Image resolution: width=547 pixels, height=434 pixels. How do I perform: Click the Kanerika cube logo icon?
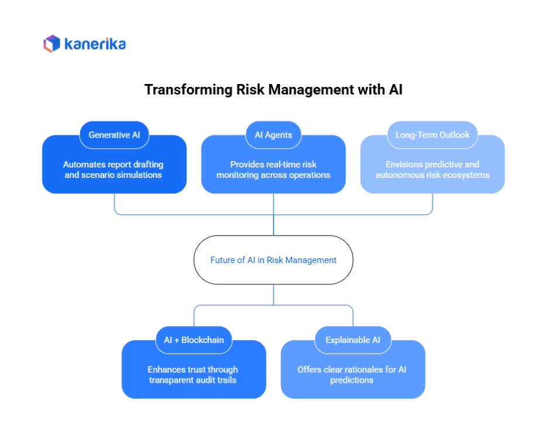click(x=52, y=44)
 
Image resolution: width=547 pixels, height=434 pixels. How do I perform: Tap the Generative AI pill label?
click(x=114, y=135)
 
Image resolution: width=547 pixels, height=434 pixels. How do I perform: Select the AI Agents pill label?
click(x=273, y=135)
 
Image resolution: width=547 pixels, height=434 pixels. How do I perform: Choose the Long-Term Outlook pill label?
click(x=432, y=135)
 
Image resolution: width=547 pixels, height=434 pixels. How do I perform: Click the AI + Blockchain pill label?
click(x=194, y=340)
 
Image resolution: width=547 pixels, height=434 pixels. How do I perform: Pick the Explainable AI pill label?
click(x=353, y=340)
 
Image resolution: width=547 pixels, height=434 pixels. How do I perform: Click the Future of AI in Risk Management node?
click(x=273, y=260)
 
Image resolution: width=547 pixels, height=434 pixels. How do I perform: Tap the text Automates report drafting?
click(x=113, y=164)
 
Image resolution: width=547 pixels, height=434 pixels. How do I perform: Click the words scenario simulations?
click(x=126, y=175)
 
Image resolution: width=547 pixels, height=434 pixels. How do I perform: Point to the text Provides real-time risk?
click(x=273, y=164)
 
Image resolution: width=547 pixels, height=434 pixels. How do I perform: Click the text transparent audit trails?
click(x=193, y=380)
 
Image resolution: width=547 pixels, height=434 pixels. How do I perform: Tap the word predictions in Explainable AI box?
click(x=352, y=380)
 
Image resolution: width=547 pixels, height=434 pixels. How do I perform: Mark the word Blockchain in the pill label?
click(x=202, y=340)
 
